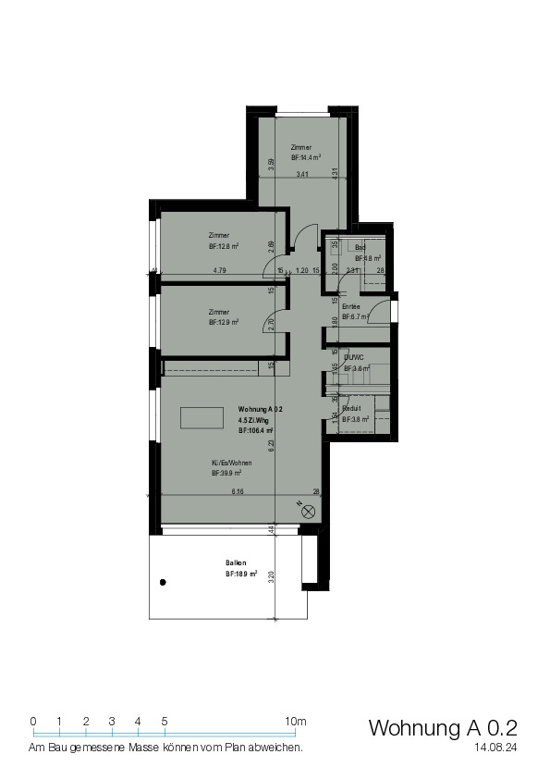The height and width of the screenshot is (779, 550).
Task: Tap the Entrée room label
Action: tap(350, 306)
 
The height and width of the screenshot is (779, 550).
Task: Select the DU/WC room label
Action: tap(353, 356)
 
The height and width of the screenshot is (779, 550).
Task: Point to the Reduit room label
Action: tap(351, 408)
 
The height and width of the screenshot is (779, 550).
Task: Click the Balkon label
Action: tap(236, 563)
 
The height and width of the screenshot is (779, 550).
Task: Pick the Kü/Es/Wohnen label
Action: tap(226, 462)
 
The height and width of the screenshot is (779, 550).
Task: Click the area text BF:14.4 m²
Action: tap(306, 158)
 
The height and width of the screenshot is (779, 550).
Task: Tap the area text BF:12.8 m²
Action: tap(224, 247)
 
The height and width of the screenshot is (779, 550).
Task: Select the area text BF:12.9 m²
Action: tap(224, 323)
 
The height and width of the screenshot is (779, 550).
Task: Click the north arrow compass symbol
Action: tap(308, 510)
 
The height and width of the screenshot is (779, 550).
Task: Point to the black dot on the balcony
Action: tap(163, 582)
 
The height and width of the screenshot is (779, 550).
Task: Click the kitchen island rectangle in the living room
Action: tap(201, 418)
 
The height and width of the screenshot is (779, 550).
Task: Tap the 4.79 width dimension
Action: tap(219, 271)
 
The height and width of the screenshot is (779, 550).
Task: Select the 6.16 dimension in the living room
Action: tap(238, 491)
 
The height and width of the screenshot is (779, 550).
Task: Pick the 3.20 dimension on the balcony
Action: tap(272, 575)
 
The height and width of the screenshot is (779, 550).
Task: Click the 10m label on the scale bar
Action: tap(296, 721)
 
